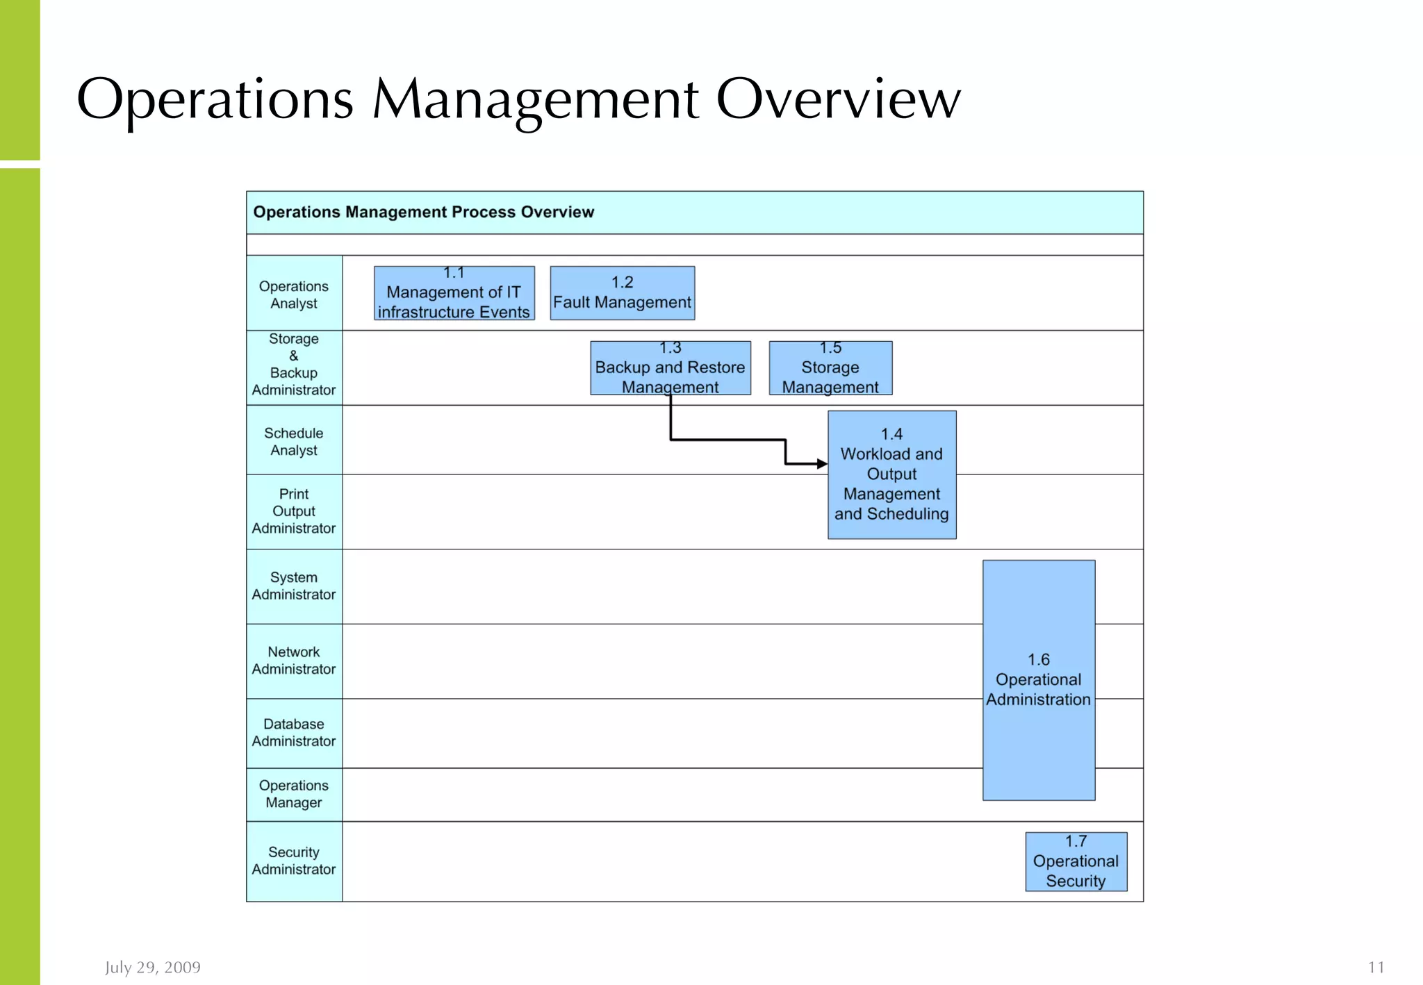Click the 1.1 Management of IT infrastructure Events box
454,293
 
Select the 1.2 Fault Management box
622,293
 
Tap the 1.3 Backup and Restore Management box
670,367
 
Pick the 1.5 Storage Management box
830,367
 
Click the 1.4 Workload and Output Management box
891,474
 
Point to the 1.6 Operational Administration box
1039,680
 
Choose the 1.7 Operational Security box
1076,861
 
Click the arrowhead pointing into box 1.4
822,463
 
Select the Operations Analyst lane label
294,295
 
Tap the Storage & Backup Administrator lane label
294,365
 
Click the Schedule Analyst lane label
294,442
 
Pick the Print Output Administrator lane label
294,511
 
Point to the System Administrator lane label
294,586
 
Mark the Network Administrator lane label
294,661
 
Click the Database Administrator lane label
294,733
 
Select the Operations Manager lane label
294,794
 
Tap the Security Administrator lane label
294,861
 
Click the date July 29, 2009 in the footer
153,967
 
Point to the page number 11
1376,967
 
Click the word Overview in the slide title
838,99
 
